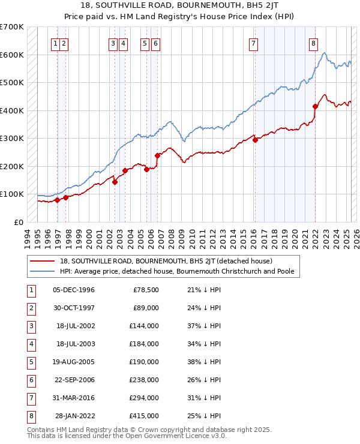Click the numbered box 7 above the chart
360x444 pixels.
click(254, 43)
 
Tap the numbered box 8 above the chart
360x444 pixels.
click(313, 43)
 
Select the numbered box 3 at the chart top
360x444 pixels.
click(113, 43)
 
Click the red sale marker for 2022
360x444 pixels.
click(315, 106)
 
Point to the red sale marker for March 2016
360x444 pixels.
click(255, 140)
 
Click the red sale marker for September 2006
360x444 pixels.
click(157, 155)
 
